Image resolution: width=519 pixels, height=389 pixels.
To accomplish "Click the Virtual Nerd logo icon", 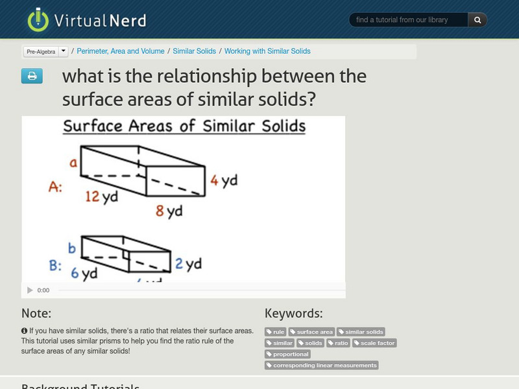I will click(x=38, y=19).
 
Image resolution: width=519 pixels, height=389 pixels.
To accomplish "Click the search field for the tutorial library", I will click(x=409, y=20).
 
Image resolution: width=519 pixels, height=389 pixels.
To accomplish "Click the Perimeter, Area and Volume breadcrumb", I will click(x=121, y=51).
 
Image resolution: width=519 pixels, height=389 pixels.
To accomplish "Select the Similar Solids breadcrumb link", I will click(x=195, y=51).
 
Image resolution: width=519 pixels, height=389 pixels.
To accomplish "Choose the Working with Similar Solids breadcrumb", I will click(x=267, y=51).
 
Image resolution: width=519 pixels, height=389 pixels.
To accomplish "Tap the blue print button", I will click(x=32, y=77).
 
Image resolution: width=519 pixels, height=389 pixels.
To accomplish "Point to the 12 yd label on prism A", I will click(x=101, y=195).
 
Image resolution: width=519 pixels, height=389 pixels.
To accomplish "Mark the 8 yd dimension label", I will click(x=168, y=211).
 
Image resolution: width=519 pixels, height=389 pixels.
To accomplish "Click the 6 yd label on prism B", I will click(x=84, y=273).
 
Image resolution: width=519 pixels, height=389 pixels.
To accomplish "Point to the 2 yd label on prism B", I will click(x=189, y=264).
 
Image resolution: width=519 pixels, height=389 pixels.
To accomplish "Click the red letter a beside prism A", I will click(x=74, y=163).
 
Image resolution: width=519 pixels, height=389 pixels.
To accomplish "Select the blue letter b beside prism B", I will click(x=72, y=248).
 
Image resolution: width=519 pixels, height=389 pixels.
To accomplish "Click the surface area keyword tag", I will click(x=311, y=332).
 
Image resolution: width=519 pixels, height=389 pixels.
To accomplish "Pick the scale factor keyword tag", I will click(x=374, y=343).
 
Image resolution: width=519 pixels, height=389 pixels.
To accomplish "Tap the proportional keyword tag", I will click(x=287, y=354).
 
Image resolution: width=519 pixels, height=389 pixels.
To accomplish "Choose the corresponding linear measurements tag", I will click(x=321, y=366).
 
